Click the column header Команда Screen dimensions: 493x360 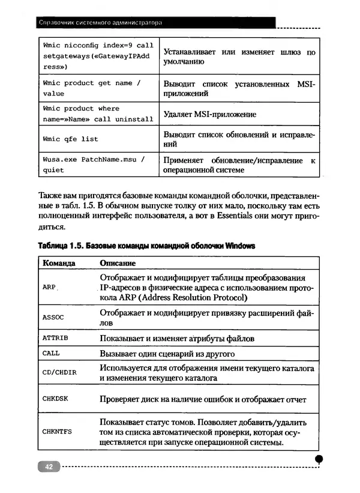click(x=59, y=263)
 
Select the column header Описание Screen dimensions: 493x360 click(x=118, y=263)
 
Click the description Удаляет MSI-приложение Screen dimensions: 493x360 click(x=209, y=114)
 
